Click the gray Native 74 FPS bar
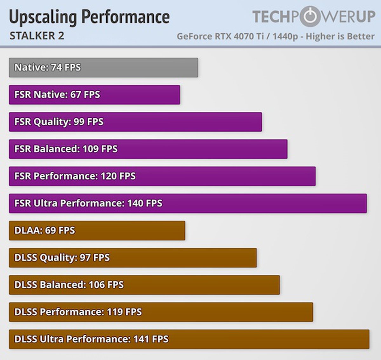point(103,68)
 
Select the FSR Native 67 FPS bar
point(94,95)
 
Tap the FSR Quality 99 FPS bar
point(135,122)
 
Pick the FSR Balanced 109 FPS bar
point(148,149)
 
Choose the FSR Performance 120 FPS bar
point(162,176)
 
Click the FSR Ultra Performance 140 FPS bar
point(188,203)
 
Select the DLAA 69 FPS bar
point(97,231)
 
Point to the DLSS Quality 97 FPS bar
point(133,258)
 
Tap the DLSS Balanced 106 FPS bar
point(144,285)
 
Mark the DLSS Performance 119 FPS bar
point(161,312)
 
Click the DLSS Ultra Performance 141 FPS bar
point(189,339)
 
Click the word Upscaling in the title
point(43,17)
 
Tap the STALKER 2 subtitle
point(37,36)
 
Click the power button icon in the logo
point(310,16)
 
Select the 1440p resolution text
point(285,36)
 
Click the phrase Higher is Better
point(340,36)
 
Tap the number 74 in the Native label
point(56,68)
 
